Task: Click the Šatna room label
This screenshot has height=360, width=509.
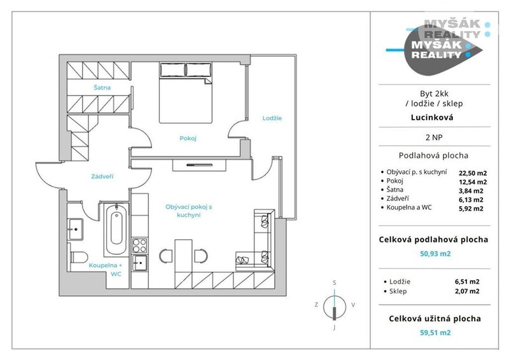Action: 102,88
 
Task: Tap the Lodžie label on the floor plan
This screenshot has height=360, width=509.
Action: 272,118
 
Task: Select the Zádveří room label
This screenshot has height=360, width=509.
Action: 102,177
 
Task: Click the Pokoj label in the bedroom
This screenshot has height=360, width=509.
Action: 188,138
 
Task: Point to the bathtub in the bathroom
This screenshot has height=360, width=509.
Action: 116,230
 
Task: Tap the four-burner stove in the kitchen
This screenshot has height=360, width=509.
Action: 139,246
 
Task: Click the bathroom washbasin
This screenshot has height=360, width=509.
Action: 75,229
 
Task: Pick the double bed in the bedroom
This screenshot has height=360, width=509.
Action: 185,93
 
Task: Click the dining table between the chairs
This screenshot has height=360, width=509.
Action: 183,256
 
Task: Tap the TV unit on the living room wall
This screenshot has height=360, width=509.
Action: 199,165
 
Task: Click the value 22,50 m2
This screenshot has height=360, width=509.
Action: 473,174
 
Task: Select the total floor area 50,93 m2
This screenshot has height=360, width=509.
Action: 435,254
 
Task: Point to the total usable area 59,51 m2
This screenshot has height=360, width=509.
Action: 435,333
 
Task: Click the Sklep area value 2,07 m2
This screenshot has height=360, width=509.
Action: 467,291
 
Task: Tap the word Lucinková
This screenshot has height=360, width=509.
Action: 432,117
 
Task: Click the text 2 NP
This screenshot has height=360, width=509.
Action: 434,137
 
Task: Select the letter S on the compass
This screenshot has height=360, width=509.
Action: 335,283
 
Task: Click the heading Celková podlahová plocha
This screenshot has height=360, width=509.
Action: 433,240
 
